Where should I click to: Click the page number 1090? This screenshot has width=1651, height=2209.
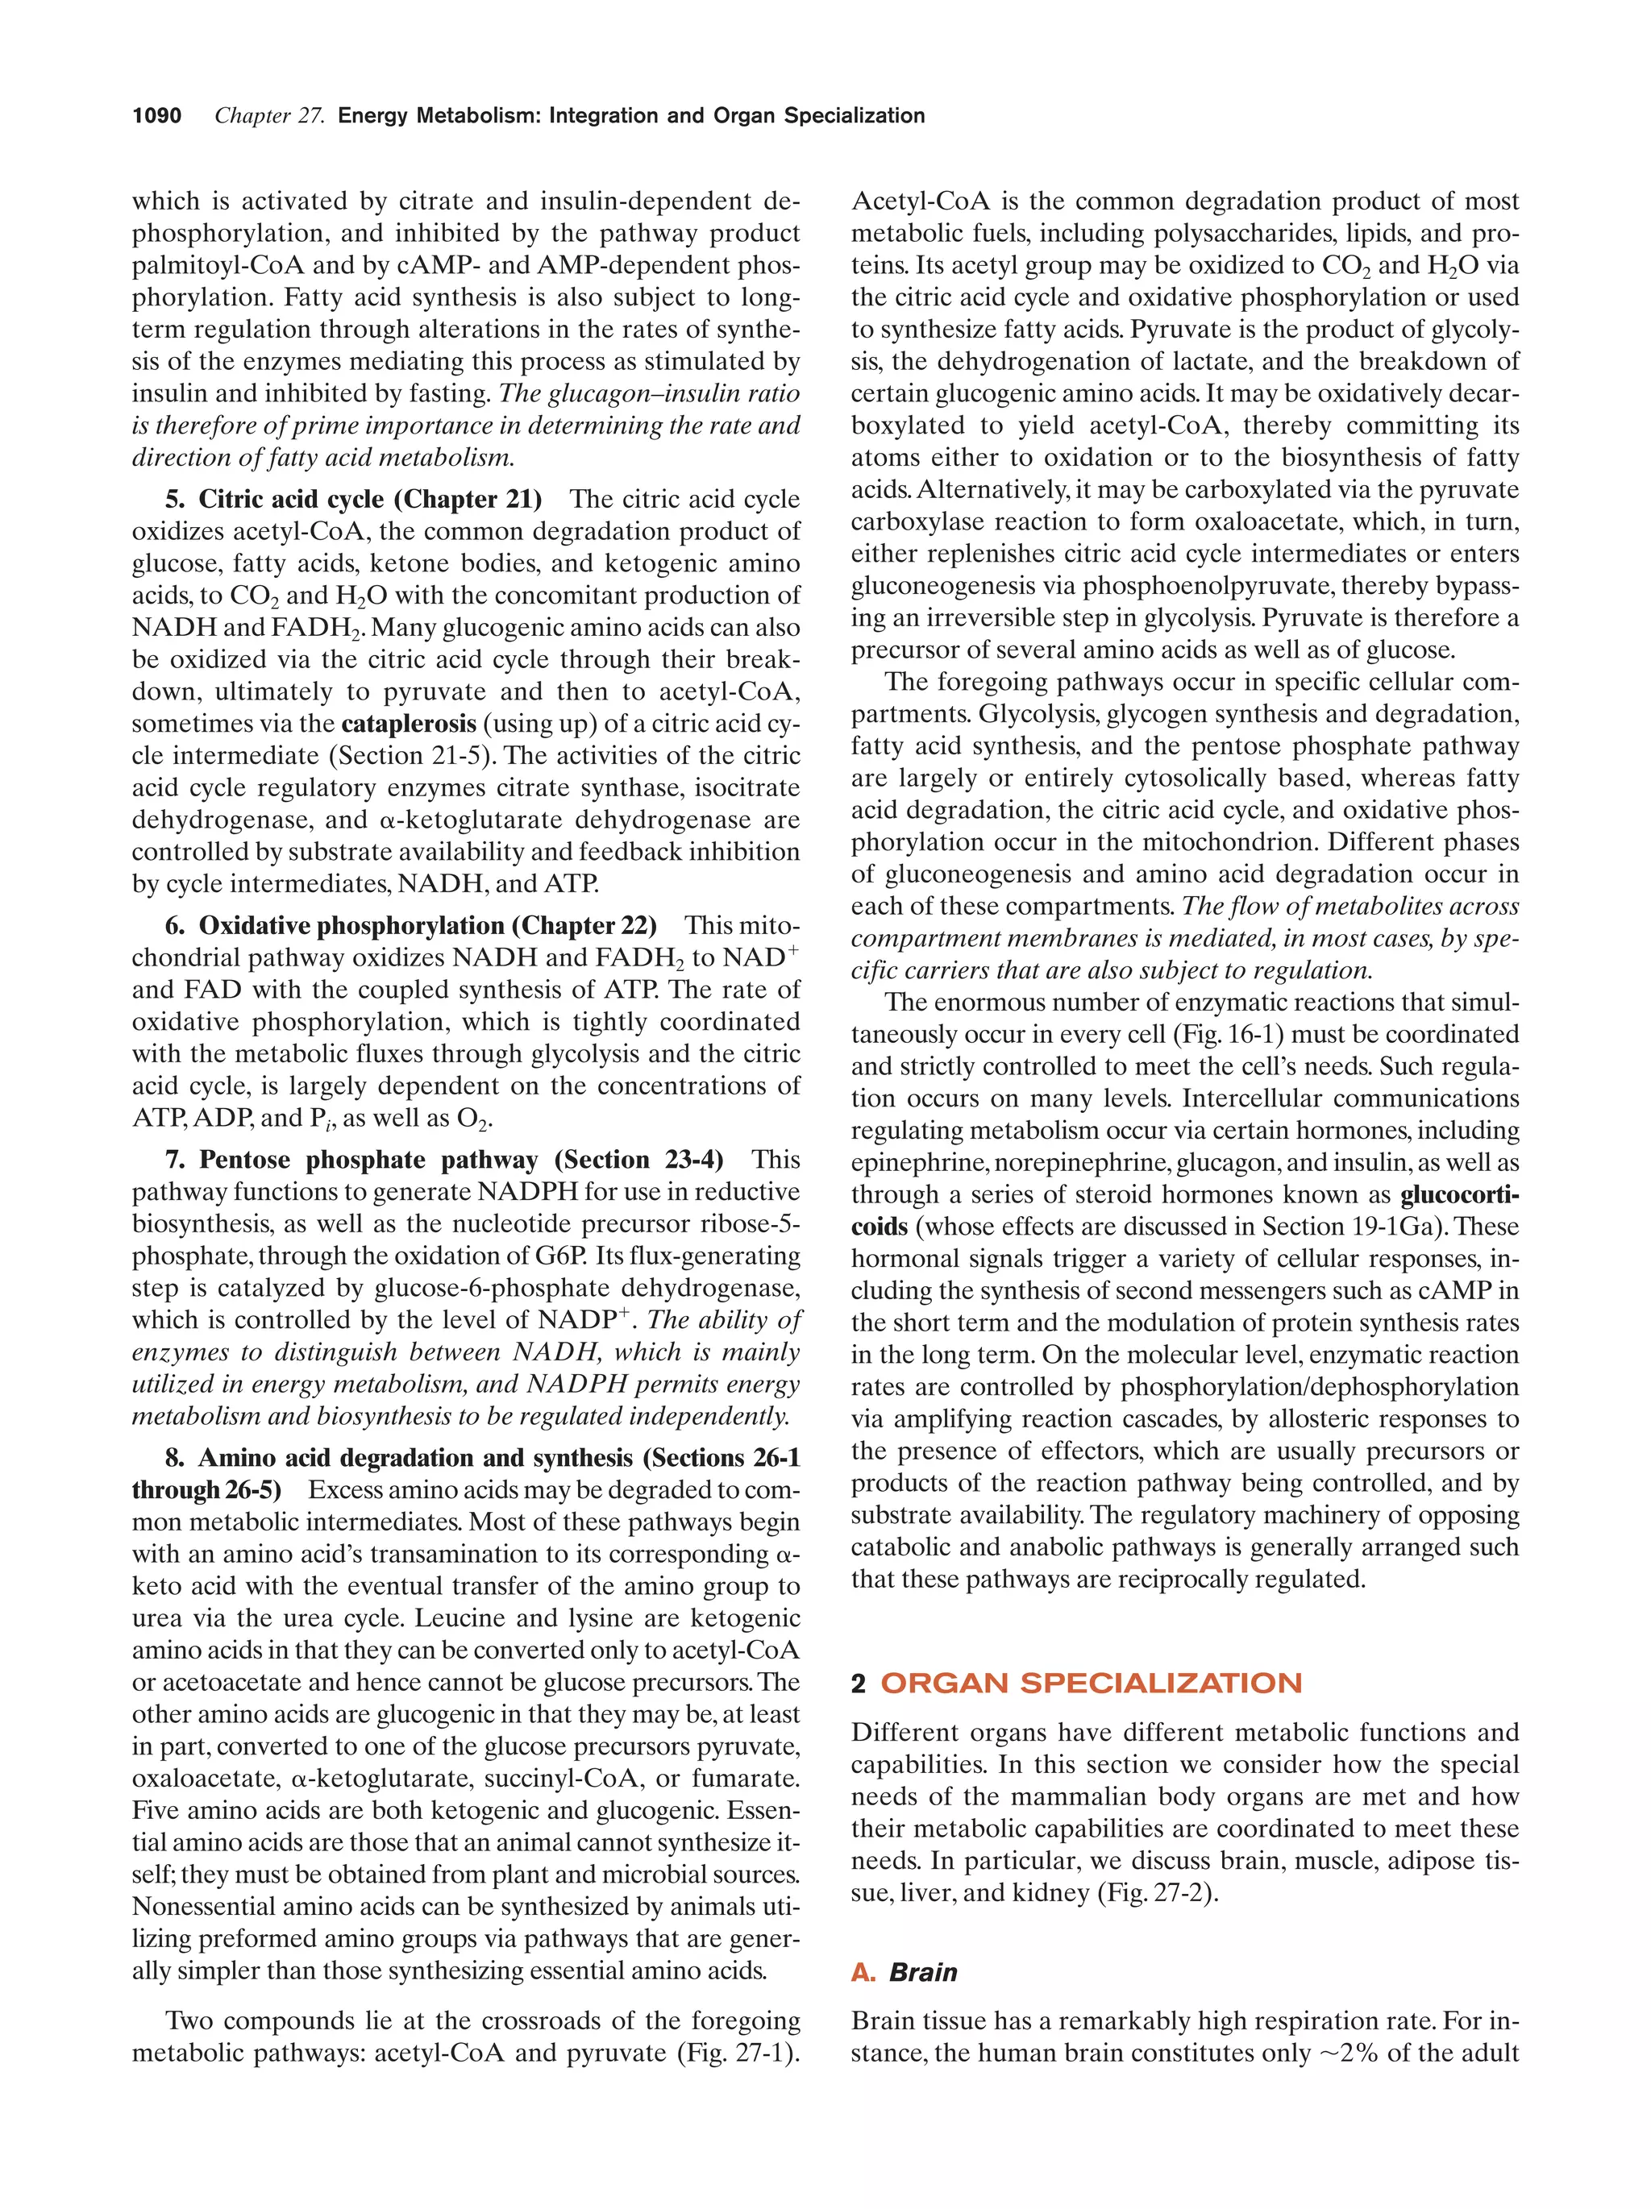click(x=157, y=116)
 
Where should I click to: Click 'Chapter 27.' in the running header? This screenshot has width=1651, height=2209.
click(x=270, y=116)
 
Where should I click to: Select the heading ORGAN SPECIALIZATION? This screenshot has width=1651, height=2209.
click(x=1091, y=1683)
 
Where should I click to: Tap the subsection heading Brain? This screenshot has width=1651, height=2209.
click(x=923, y=1972)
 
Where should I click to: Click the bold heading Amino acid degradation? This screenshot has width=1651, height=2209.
click(x=368, y=1458)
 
